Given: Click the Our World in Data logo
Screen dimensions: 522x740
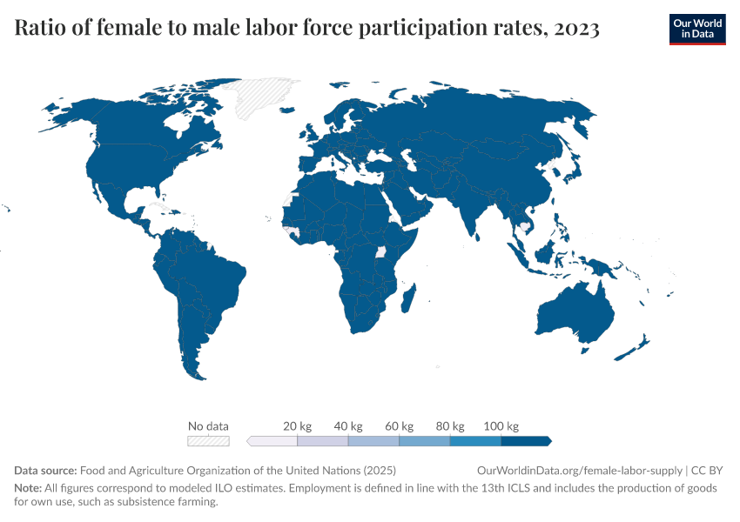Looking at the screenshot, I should pos(696,29).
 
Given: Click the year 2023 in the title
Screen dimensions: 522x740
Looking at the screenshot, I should pos(575,30).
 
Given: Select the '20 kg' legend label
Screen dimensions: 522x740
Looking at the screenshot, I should pos(298,426).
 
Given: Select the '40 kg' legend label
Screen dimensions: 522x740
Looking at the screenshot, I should pos(348,426).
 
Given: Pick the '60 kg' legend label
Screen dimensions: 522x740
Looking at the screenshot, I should pos(399,426).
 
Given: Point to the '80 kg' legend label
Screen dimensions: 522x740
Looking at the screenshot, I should pos(450,426).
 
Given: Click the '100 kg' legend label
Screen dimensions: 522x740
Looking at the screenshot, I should pos(501,426).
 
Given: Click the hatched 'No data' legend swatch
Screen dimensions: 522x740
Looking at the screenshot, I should pos(209,441).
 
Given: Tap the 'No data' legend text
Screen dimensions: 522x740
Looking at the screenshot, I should pos(209,426).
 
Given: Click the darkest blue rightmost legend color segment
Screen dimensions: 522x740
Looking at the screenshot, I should pos(526,441).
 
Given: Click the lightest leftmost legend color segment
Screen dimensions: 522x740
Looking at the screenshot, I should pos(272,441).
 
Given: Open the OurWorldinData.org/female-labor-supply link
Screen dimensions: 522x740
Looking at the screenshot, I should pos(580,470).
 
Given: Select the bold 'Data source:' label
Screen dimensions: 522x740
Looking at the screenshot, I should pos(45,470).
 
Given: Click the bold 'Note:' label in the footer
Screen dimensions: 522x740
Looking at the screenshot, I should pos(29,488).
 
